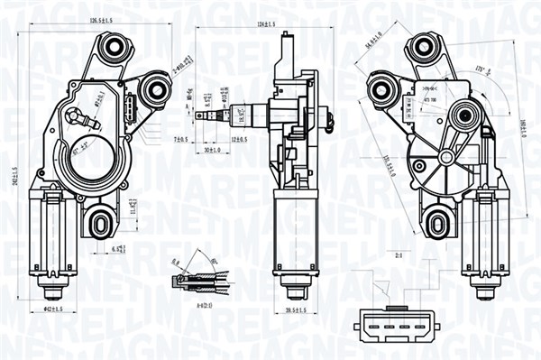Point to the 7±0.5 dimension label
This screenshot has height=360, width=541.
(179, 140)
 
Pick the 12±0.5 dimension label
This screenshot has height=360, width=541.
(239, 140)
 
